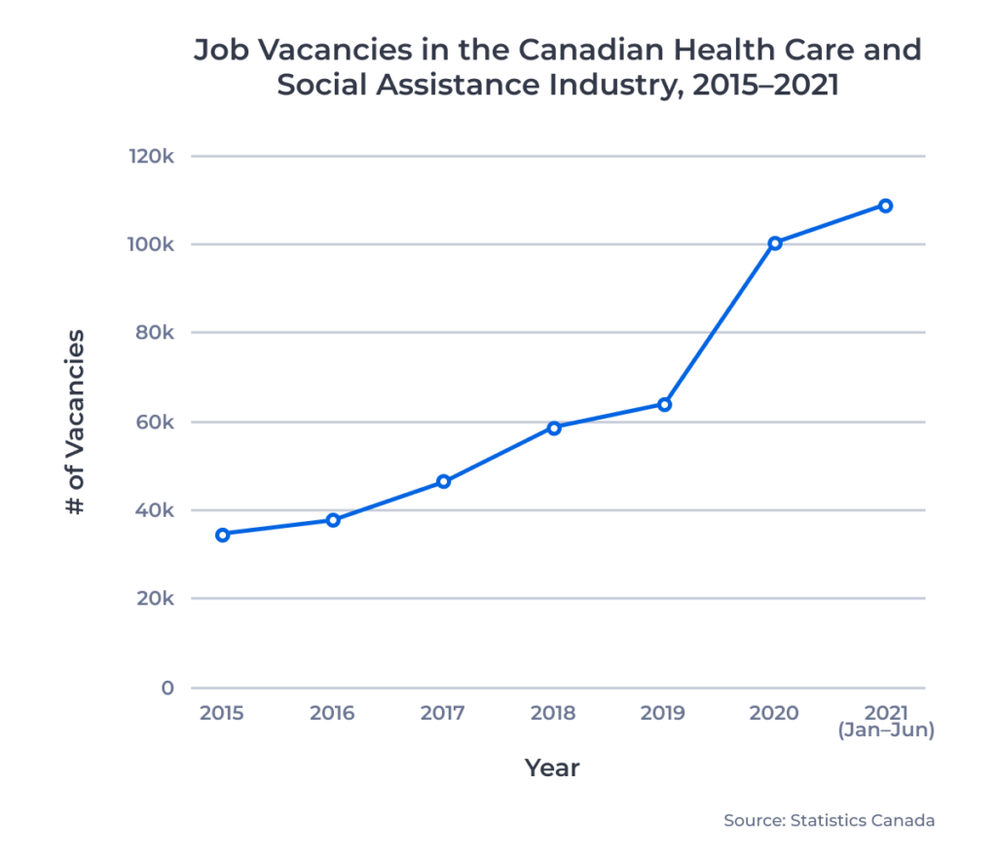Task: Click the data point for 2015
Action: coord(222,534)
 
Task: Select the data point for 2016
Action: coord(333,520)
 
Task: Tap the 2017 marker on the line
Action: coord(443,481)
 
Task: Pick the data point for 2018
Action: coord(554,428)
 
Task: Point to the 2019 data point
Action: coord(664,404)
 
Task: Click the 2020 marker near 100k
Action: coord(775,242)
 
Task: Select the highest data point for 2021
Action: coord(885,205)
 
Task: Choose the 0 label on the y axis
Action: coord(167,688)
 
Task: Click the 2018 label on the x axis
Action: coord(553,713)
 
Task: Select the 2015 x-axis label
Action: coord(222,713)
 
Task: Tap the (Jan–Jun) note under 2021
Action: coord(885,730)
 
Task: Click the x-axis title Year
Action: coord(552,767)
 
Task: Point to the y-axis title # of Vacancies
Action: coord(75,423)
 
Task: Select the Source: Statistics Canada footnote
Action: coord(829,820)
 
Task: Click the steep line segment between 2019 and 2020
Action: coord(720,323)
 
